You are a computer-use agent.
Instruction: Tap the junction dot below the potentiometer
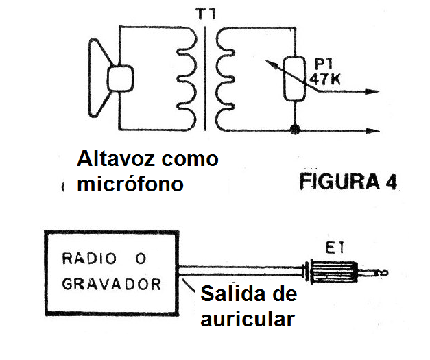click(x=296, y=129)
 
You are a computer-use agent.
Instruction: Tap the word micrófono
click(x=131, y=184)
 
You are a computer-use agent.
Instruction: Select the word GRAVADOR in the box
click(x=112, y=283)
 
